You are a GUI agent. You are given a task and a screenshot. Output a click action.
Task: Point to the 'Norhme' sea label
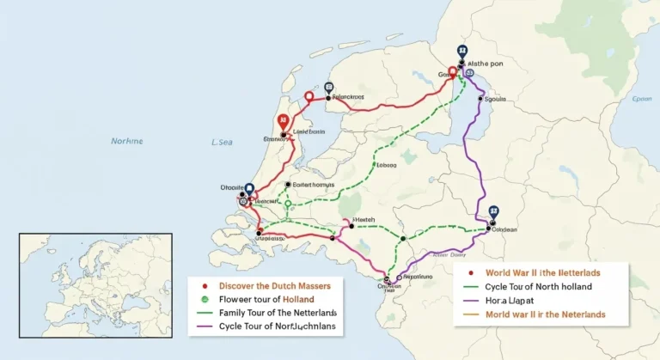pyautogui.click(x=127, y=141)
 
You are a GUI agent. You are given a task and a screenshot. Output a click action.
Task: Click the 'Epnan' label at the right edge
pyautogui.click(x=641, y=100)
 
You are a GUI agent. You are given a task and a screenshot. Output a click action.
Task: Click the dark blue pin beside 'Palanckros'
pyautogui.click(x=328, y=88)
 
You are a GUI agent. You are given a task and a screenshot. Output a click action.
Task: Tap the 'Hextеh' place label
pyautogui.click(x=367, y=221)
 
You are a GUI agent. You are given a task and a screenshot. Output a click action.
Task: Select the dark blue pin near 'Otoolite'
pyautogui.click(x=249, y=189)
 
